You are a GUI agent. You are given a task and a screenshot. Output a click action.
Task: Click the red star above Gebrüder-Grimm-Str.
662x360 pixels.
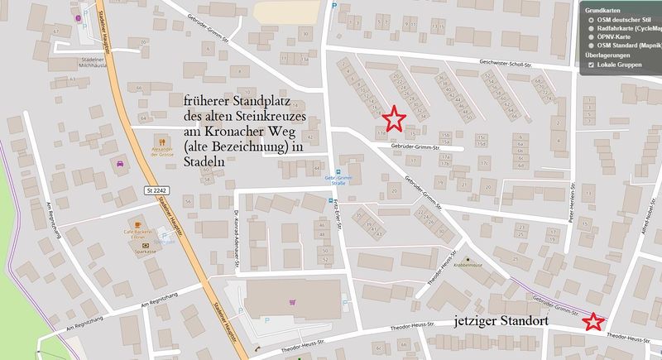pyautogui.click(x=395, y=118)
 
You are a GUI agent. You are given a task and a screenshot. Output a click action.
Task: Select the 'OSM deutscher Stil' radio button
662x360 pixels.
pyautogui.click(x=589, y=16)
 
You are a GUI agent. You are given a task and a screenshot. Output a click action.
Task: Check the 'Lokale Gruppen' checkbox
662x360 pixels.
pyautogui.click(x=590, y=64)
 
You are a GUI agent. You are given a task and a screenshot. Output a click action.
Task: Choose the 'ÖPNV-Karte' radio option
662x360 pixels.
pyautogui.click(x=589, y=36)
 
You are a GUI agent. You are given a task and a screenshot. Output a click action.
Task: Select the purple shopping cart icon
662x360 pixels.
pyautogui.click(x=291, y=302)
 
